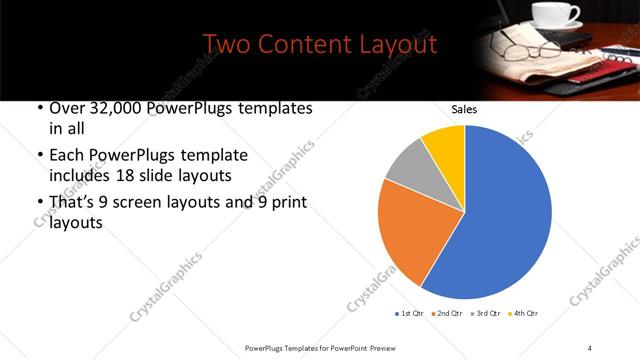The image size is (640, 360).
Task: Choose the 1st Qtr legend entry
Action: pyautogui.click(x=410, y=314)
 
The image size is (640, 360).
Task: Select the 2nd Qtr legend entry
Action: pyautogui.click(x=447, y=314)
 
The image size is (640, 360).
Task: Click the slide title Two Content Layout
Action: pyautogui.click(x=319, y=45)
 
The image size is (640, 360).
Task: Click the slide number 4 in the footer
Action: pyautogui.click(x=590, y=347)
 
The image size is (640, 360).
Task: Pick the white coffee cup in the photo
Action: pyautogui.click(x=554, y=14)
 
